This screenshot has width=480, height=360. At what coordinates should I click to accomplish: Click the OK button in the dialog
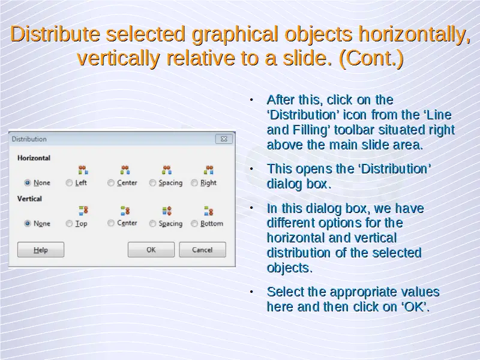point(151,250)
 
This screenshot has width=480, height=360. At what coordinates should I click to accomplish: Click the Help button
point(41,250)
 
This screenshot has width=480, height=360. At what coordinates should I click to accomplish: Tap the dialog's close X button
point(224,139)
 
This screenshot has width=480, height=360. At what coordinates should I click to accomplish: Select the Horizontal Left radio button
point(69,183)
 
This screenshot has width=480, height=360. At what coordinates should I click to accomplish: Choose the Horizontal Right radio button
point(194,183)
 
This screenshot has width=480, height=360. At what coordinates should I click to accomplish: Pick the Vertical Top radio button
point(69,223)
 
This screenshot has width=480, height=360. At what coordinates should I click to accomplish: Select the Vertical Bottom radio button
point(194,223)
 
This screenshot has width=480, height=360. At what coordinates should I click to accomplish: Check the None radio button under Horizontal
point(28,183)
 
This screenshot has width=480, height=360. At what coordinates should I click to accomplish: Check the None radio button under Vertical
point(28,223)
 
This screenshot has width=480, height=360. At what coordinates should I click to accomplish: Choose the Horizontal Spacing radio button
point(152,183)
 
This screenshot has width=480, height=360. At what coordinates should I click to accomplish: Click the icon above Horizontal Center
point(125,170)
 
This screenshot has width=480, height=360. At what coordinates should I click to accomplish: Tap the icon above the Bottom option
point(208,211)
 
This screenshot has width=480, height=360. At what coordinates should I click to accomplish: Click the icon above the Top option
point(83,211)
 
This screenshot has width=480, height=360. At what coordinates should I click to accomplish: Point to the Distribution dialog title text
point(29,139)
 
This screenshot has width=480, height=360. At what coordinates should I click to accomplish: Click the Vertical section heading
point(29,199)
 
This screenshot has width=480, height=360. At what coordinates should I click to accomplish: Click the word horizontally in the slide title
point(415,34)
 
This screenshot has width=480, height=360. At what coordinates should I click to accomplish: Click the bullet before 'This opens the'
point(251,169)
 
